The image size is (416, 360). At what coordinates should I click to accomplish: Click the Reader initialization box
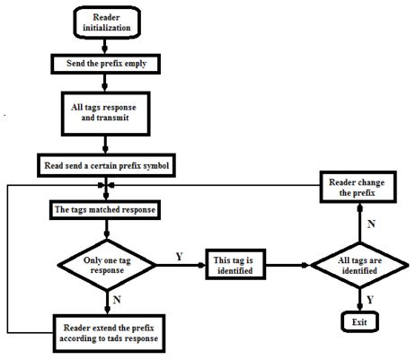pyautogui.click(x=105, y=23)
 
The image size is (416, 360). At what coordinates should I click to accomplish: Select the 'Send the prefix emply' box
pyautogui.click(x=105, y=65)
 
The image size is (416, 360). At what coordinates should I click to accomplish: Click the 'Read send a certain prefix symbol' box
pyautogui.click(x=105, y=166)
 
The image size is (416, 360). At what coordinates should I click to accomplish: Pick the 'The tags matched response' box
pyautogui.click(x=105, y=211)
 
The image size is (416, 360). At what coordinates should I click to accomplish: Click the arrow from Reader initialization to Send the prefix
pyautogui.click(x=105, y=47)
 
